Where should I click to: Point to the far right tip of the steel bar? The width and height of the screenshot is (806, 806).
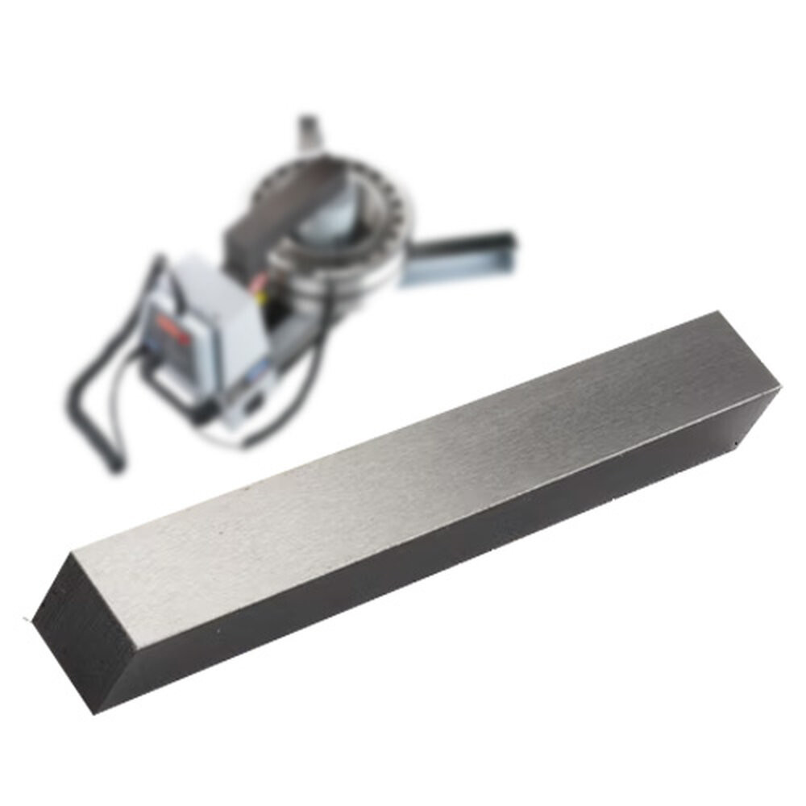coord(779,390)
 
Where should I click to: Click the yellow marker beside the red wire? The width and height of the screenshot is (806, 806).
coord(260,296)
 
